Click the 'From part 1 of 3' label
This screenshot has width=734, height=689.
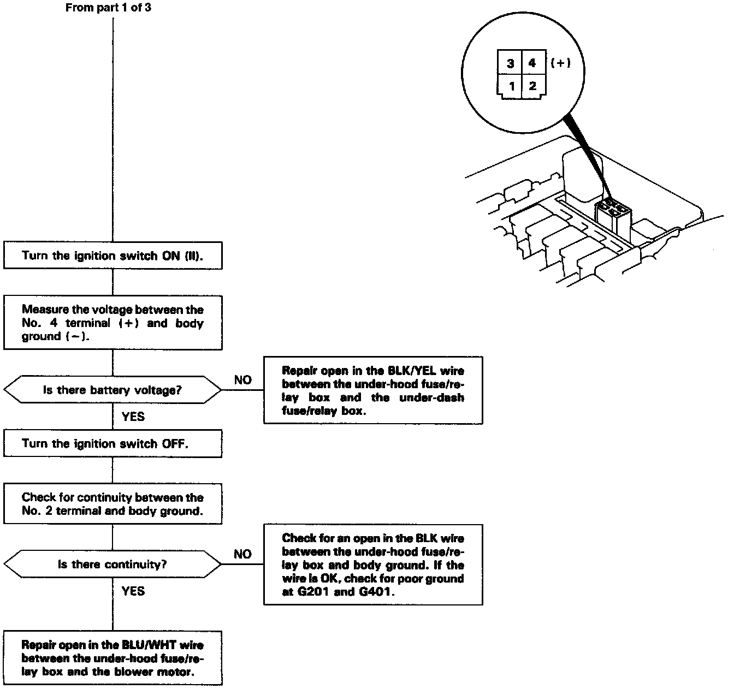tap(108, 8)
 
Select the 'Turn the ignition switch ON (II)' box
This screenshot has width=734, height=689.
tap(113, 256)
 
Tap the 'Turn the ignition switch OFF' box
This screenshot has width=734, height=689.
tap(113, 443)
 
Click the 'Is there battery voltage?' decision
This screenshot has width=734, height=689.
tap(113, 390)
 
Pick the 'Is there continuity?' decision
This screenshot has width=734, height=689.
tap(113, 564)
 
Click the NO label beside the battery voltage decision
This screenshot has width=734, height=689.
tap(242, 380)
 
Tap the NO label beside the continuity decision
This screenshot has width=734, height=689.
tap(242, 554)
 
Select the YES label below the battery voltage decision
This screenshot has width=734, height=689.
tap(133, 417)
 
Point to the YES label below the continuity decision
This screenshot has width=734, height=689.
tap(133, 591)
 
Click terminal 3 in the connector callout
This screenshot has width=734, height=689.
tap(510, 63)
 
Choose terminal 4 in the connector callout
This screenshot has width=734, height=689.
tap(532, 63)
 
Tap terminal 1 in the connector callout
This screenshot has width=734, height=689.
tap(512, 86)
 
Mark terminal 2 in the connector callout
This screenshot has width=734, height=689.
tap(532, 85)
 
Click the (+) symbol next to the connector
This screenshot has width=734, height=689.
tap(560, 63)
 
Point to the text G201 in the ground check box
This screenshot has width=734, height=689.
tap(311, 592)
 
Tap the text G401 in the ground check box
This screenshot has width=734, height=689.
tap(376, 592)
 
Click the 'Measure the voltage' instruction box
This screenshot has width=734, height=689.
tap(113, 323)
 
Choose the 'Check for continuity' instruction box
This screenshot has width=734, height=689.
tap(113, 504)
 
